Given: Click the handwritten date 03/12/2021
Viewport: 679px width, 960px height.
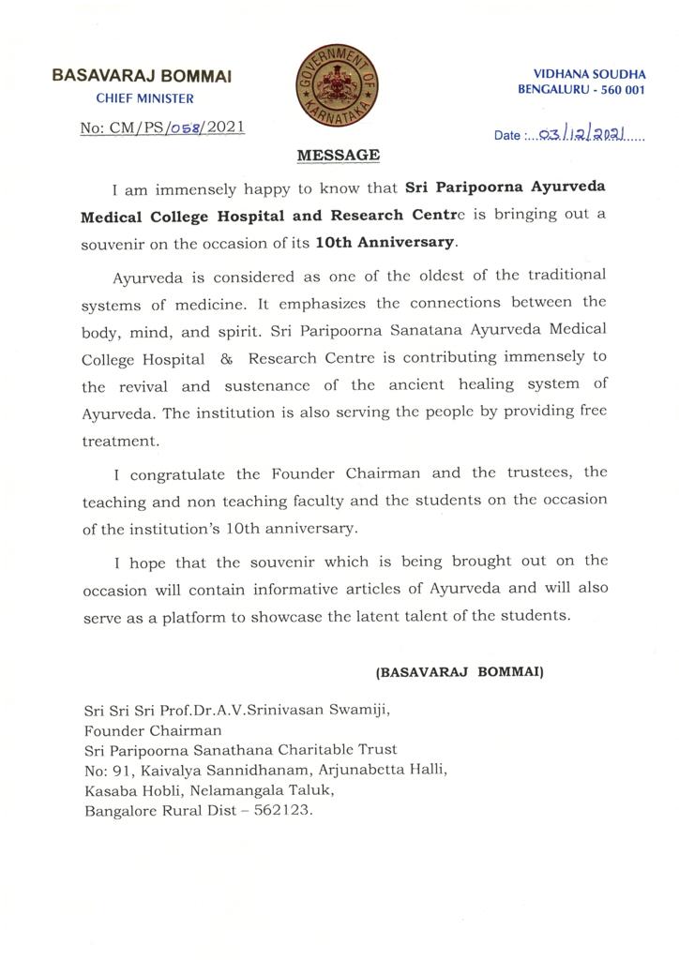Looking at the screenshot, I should click(x=589, y=134).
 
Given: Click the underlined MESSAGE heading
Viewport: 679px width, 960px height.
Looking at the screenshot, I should click(x=339, y=156).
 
